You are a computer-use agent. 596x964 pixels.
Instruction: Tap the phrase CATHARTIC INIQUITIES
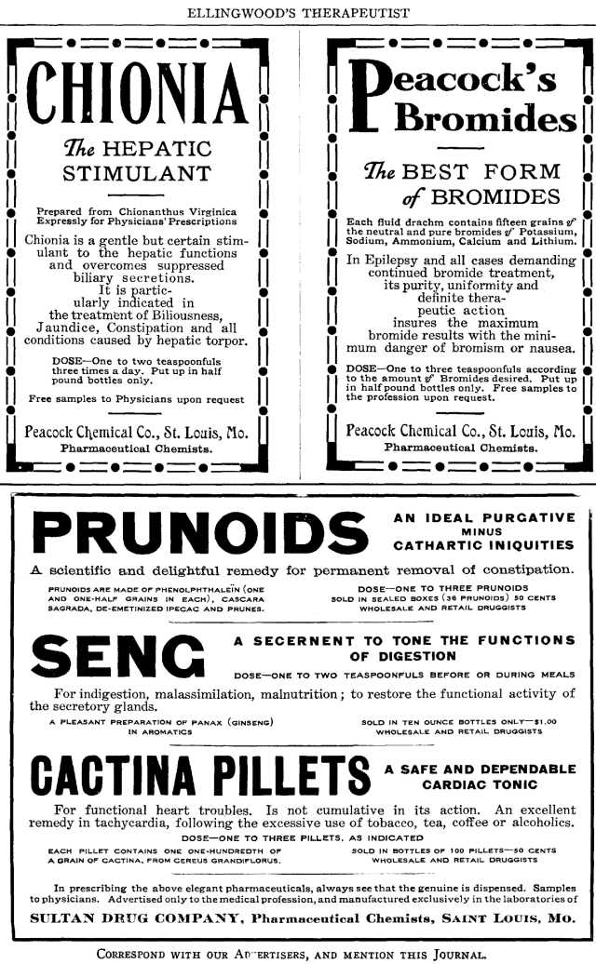click(485, 544)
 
